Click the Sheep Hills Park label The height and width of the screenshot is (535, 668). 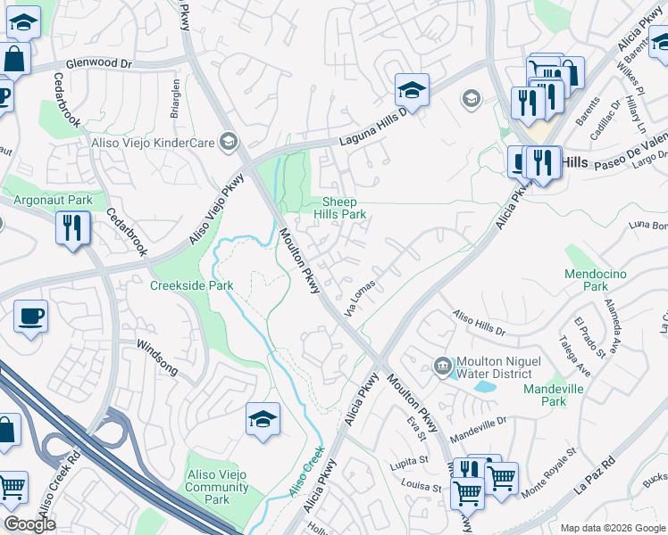click(344, 209)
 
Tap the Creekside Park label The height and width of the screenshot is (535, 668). click(191, 285)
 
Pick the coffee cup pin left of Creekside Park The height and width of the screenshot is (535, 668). click(30, 317)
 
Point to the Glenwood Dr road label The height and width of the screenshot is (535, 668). click(98, 64)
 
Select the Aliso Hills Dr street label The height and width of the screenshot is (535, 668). click(479, 323)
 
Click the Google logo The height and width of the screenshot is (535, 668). click(29, 524)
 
